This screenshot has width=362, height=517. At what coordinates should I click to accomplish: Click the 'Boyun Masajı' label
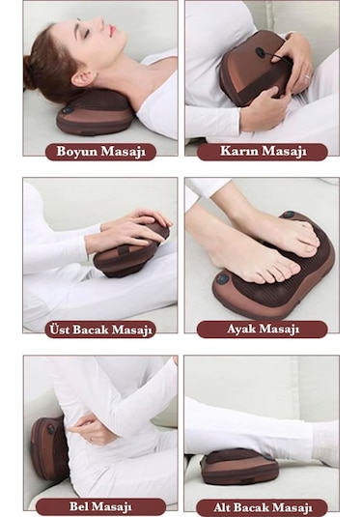point(100,151)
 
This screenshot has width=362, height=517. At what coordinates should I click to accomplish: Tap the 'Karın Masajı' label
point(262,151)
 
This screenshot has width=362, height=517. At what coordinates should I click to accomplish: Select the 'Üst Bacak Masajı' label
point(100,329)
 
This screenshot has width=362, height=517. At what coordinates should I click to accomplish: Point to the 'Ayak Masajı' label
point(262,329)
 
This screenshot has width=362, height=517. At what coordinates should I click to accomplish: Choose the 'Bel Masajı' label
point(100,505)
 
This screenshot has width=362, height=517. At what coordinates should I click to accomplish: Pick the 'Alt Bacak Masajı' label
point(262,505)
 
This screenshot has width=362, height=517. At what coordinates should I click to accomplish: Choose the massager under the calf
point(240,466)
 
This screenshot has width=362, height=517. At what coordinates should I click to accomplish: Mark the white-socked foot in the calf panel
point(324,440)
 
